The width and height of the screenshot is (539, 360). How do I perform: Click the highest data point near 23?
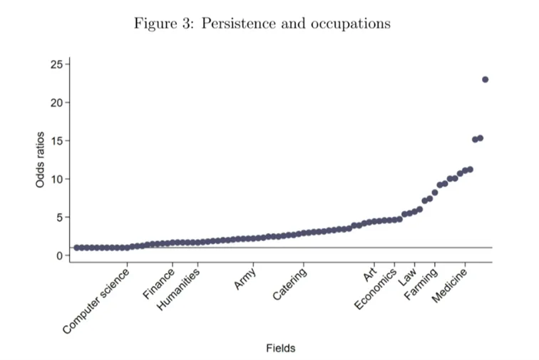[x=485, y=79]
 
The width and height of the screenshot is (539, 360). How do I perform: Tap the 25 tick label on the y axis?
[x=57, y=64]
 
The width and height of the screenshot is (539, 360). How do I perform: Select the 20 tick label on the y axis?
[x=57, y=103]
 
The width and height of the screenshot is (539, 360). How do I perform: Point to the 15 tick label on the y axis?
[x=57, y=140]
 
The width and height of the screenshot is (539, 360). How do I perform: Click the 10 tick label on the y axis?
[x=57, y=179]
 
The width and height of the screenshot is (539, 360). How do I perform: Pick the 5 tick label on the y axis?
[x=60, y=217]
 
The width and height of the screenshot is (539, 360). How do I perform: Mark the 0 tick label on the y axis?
[x=60, y=255]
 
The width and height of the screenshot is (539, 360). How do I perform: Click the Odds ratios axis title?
[x=40, y=160]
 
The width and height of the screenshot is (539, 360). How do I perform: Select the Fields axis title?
[x=280, y=349]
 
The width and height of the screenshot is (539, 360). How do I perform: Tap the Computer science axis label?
[x=96, y=301]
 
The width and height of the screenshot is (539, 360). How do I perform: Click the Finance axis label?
[x=158, y=284]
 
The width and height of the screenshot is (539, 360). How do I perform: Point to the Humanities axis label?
[x=178, y=289]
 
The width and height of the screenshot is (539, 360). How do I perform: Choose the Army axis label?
[x=245, y=279]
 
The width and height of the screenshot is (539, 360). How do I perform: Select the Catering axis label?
[x=289, y=284]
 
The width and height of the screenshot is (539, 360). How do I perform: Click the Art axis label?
[x=370, y=274]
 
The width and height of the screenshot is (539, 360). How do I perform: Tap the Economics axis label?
[x=375, y=289]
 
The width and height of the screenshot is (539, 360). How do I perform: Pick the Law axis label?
[x=407, y=277]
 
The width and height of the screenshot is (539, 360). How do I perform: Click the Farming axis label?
[x=421, y=284]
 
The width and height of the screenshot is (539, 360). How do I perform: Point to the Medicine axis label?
[x=449, y=285]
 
